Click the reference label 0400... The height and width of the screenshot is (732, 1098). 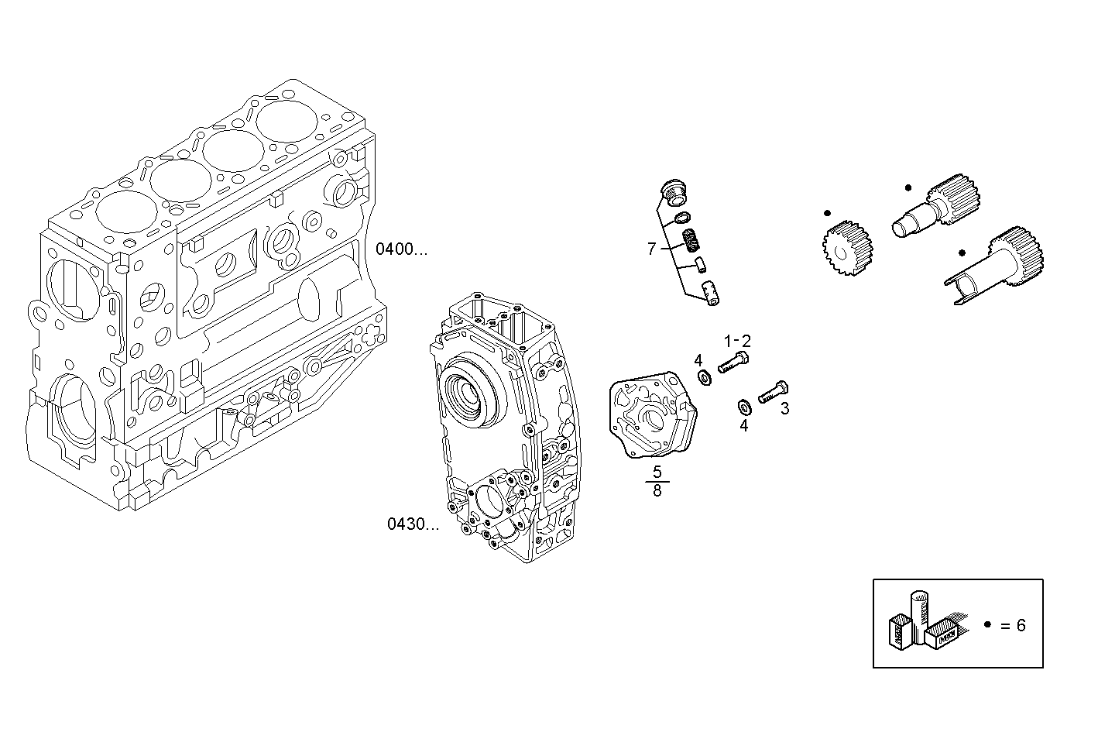[x=400, y=249]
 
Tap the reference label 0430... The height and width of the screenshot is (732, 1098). [x=412, y=524]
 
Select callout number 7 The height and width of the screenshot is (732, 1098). [x=651, y=249]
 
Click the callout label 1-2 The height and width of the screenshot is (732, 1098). [x=736, y=341]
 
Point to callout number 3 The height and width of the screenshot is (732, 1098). [x=784, y=409]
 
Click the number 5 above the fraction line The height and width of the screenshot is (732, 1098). [x=657, y=472]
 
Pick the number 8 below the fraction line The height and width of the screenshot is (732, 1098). [x=657, y=491]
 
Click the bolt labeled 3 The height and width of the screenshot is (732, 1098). [x=772, y=392]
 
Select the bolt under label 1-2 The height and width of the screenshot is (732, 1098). [x=733, y=362]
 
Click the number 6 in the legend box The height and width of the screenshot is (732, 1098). [x=1021, y=625]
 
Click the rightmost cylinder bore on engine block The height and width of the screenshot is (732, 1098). [x=287, y=122]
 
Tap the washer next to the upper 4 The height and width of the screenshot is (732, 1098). [x=705, y=377]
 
